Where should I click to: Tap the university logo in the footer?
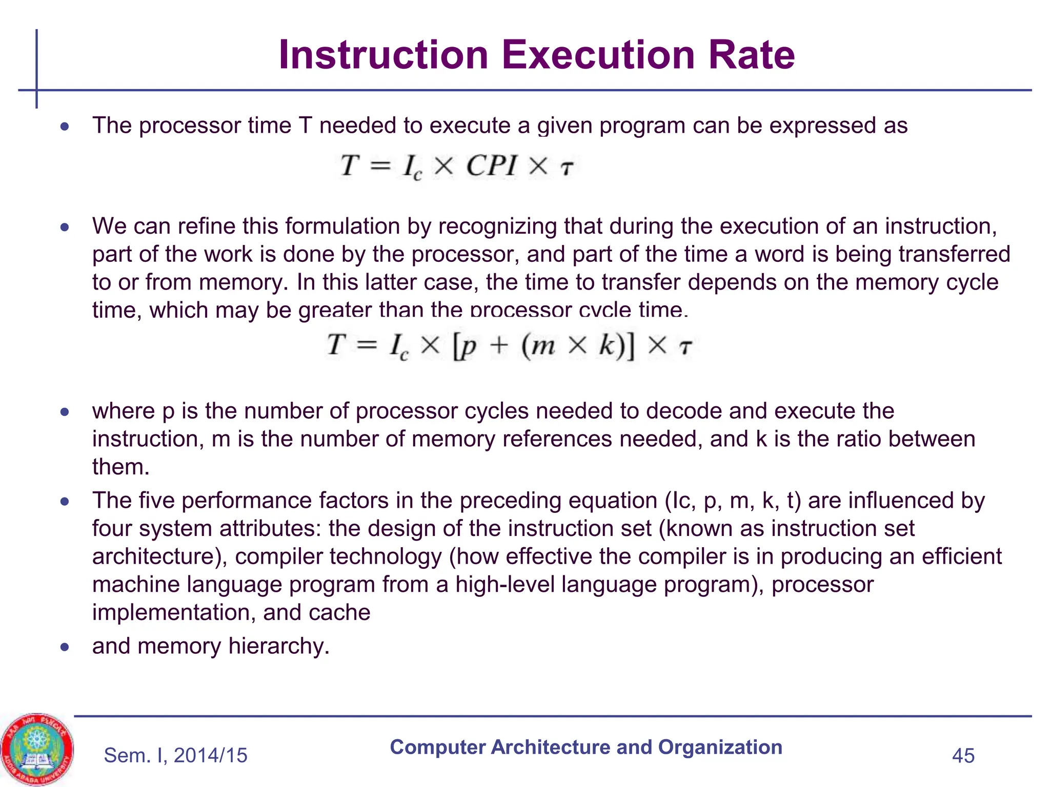click(x=37, y=749)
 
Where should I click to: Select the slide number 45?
click(x=963, y=756)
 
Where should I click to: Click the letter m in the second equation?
click(x=543, y=345)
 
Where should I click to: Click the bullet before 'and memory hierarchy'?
click(x=64, y=647)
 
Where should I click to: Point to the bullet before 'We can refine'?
click(x=64, y=227)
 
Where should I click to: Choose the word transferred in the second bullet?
click(x=954, y=254)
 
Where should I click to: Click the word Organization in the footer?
click(x=720, y=747)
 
